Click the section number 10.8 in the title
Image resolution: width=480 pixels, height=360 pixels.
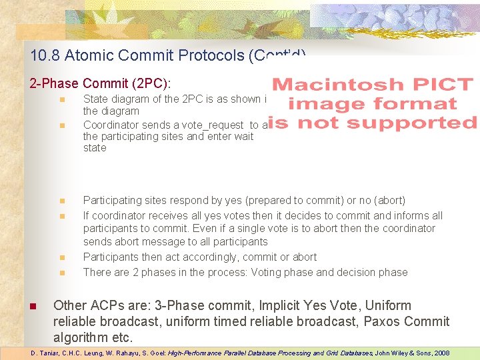pos(43,55)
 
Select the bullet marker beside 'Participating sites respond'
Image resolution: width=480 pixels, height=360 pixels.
pos(61,201)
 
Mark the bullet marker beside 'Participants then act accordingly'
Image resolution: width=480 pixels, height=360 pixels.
pos(61,257)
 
